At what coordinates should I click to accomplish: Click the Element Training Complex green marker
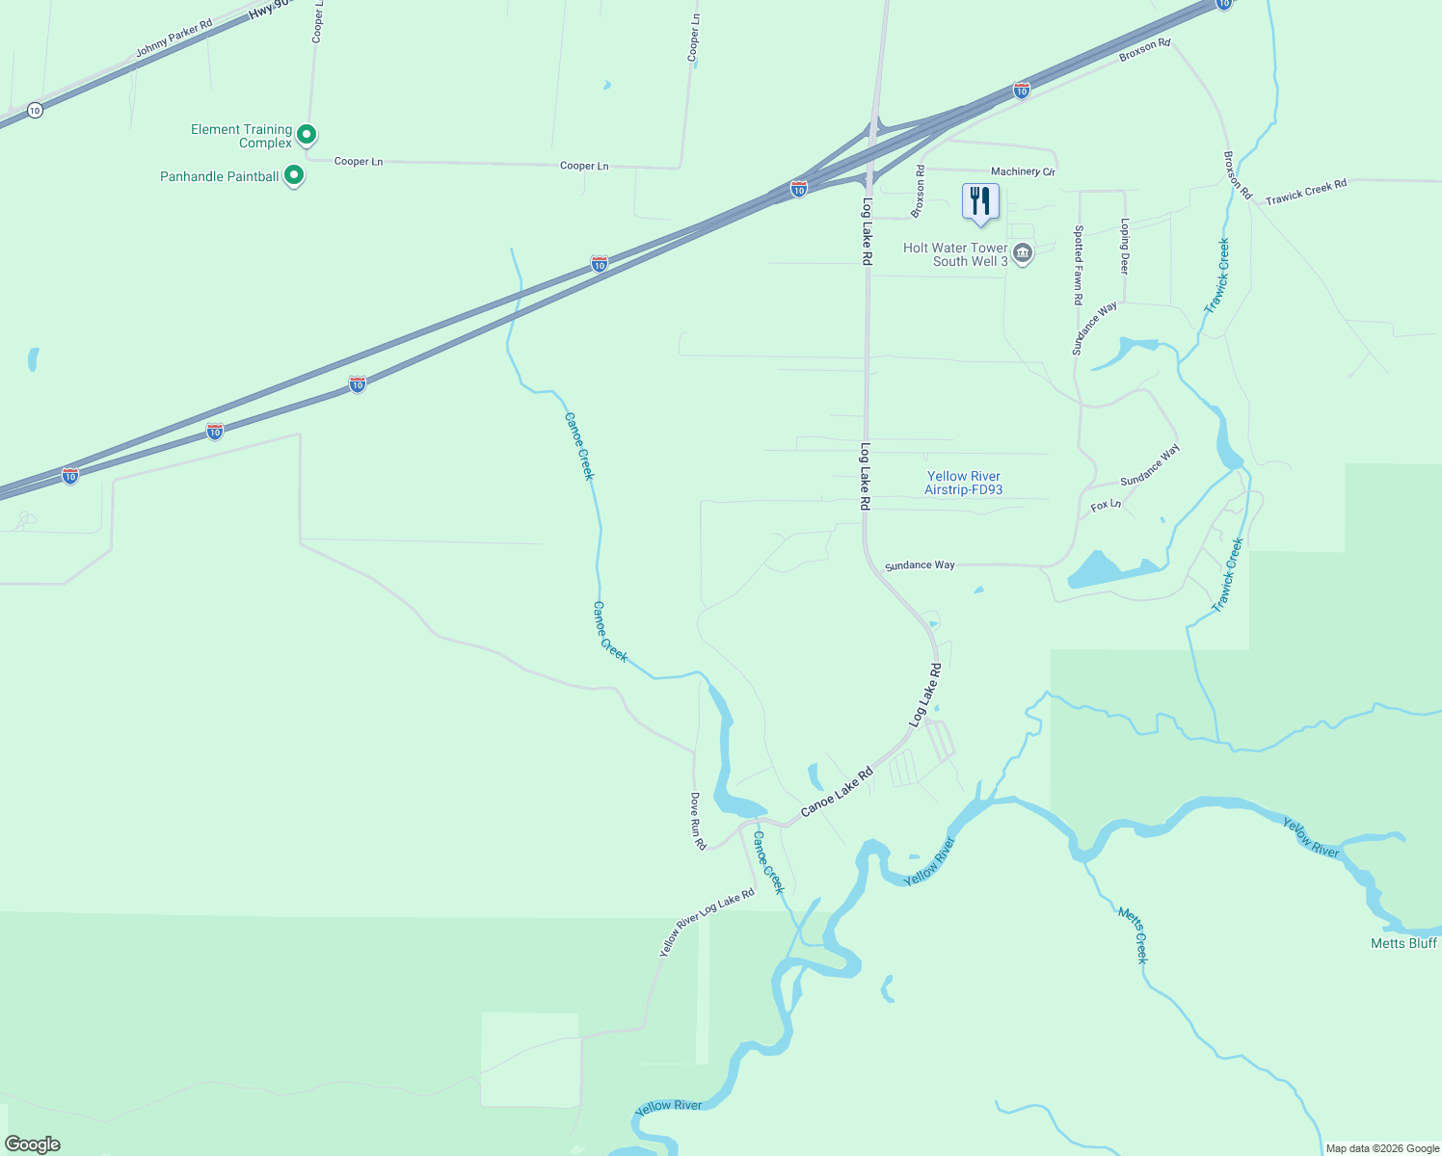pos(307,135)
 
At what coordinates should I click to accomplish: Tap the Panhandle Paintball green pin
pos(295,175)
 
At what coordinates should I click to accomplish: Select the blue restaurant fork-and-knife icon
pos(980,201)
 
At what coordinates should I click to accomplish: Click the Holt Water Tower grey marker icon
pos(1023,254)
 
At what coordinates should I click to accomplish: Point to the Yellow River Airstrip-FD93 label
pos(963,483)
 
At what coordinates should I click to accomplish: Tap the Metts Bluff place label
pos(1403,943)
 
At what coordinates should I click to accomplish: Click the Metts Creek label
pos(1134,933)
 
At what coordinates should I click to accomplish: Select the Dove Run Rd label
pos(697,821)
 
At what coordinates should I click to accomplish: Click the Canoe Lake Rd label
pos(837,792)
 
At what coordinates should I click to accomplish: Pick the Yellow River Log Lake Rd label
pos(707,923)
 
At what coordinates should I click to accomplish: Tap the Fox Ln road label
pos(1106,505)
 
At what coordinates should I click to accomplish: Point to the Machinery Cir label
pos(1023,171)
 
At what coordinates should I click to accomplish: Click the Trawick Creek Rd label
pos(1306,192)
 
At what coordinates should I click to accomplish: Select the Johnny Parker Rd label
pos(174,38)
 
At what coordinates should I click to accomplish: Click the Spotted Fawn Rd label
pos(1079,265)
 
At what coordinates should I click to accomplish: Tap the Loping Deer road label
pos(1125,246)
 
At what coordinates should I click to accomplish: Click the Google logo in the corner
pos(33,1144)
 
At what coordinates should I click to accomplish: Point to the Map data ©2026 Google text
pos(1382,1148)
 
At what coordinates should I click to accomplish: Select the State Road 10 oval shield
pos(35,110)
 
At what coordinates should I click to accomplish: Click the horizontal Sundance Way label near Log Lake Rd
pos(920,565)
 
